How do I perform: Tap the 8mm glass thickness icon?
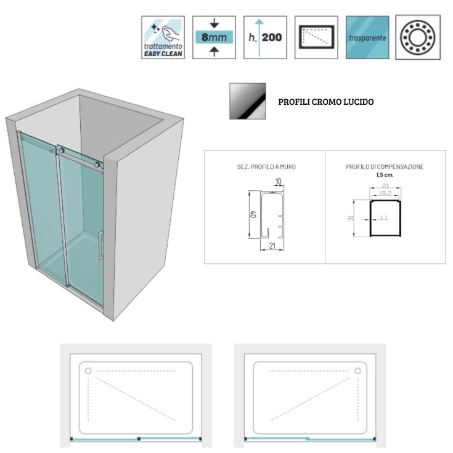pos(214,38)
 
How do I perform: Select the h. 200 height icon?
pos(265,38)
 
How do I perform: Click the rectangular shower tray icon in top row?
pos(316,38)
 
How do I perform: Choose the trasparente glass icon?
pos(366,38)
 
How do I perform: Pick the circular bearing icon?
pos(417,38)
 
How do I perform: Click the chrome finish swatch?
pos(247,101)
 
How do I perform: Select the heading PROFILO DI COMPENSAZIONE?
pos(385,167)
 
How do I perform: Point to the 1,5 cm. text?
pos(385,174)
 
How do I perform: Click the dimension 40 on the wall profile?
pos(253,215)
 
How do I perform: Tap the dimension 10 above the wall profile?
pos(279,181)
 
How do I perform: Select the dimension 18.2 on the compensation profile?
pos(385,193)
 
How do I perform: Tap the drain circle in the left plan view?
pos(88,372)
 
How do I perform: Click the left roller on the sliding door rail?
pos(60,150)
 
